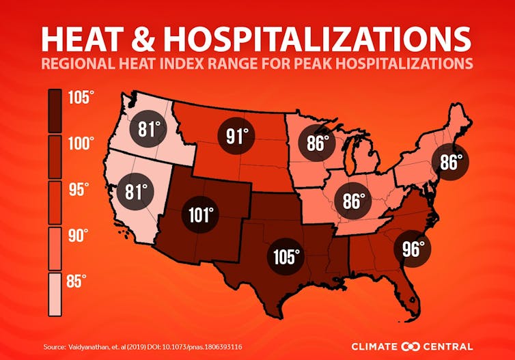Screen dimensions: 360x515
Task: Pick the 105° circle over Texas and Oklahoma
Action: (x=286, y=257)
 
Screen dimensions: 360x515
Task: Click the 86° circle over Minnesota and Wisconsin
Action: (x=316, y=143)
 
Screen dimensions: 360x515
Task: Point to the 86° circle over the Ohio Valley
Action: (x=352, y=202)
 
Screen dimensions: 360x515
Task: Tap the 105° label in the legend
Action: (x=81, y=98)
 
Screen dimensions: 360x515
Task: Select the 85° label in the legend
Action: (x=81, y=281)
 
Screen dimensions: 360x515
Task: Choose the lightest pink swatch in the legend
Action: (x=55, y=294)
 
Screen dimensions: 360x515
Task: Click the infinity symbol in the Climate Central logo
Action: (x=409, y=346)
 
